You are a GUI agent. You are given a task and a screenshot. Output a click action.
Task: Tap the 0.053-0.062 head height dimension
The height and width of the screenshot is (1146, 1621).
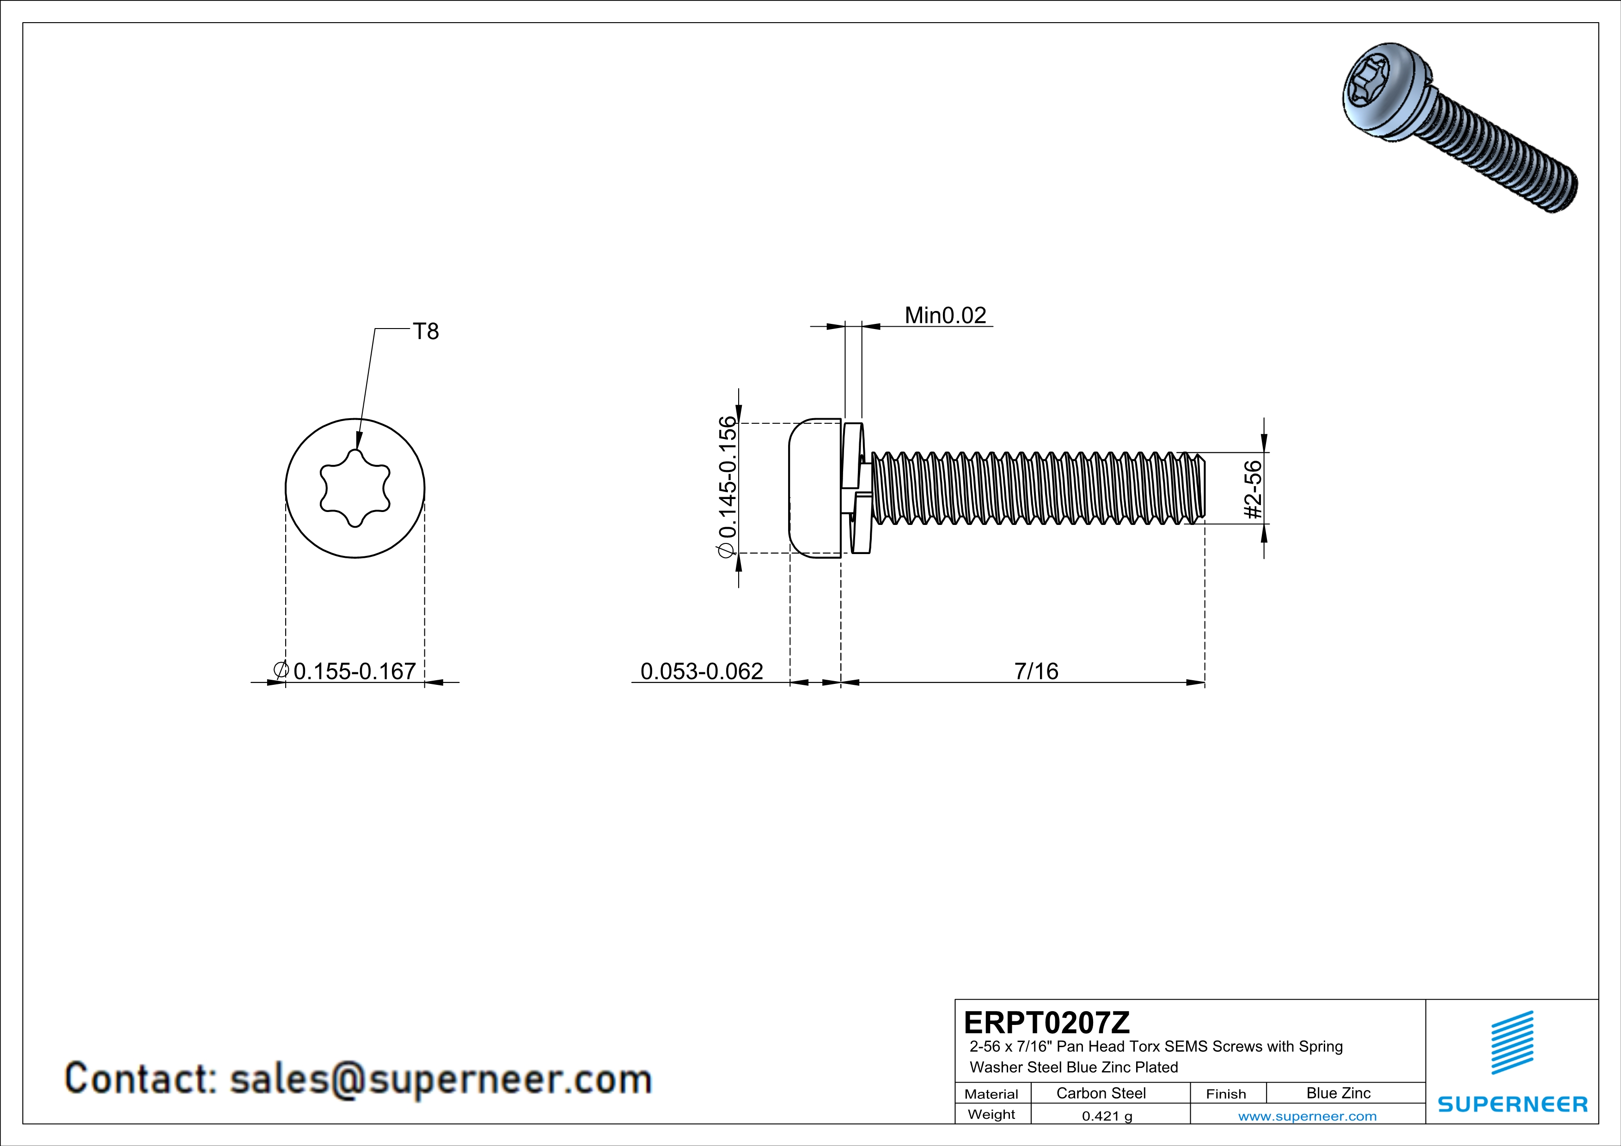point(701,671)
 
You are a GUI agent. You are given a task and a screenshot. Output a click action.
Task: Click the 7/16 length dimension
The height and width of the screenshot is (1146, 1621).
point(1036,671)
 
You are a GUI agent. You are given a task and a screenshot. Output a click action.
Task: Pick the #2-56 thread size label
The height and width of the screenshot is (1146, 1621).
point(1253,490)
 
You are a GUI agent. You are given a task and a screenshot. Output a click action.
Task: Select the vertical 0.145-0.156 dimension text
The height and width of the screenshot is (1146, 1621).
point(727,487)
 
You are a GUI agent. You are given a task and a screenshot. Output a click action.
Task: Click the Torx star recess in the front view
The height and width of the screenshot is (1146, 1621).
point(355,488)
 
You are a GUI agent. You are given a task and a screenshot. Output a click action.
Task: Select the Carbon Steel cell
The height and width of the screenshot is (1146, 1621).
point(1101,1093)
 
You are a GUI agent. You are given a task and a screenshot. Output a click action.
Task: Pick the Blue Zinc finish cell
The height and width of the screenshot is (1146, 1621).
point(1339,1093)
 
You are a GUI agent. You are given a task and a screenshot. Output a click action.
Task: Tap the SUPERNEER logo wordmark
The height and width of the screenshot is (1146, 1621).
point(1512,1104)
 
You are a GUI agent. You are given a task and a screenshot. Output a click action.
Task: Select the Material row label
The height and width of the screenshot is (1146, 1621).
point(991,1094)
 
